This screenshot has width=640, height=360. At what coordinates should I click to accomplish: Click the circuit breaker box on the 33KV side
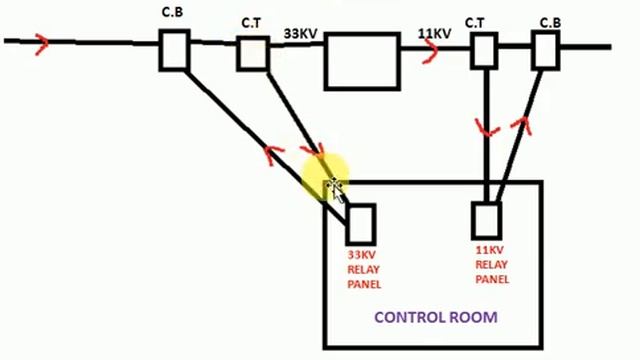point(174,50)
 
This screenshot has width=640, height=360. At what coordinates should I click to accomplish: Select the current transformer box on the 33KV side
point(253,52)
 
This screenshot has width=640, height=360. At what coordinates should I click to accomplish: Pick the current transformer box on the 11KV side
point(485,49)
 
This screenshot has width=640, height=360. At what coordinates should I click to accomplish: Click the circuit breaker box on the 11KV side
point(545,49)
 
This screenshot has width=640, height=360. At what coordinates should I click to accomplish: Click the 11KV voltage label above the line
point(436,34)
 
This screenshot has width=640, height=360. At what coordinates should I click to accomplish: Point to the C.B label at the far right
point(550,20)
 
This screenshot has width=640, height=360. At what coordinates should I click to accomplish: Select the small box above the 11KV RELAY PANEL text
point(486,219)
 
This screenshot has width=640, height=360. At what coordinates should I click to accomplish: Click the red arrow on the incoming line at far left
point(41,43)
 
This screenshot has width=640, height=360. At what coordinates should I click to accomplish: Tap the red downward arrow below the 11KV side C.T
point(487,131)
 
